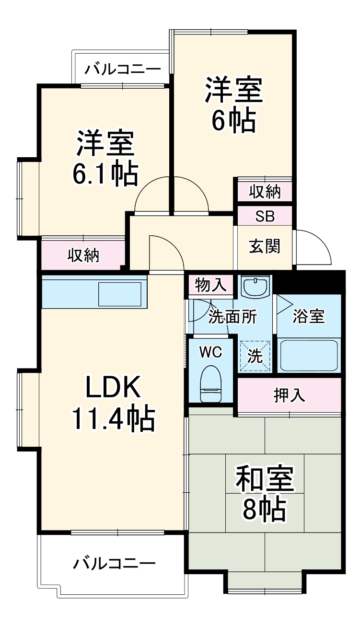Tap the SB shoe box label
[x=265, y=216]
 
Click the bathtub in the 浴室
[x=309, y=354]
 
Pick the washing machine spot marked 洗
[x=255, y=356]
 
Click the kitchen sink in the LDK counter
[x=120, y=294]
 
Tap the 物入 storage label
[x=210, y=286]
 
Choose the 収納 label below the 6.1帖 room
[x=83, y=255]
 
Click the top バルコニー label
[x=123, y=69]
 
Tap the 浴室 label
[x=309, y=316]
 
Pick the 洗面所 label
[x=232, y=316]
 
